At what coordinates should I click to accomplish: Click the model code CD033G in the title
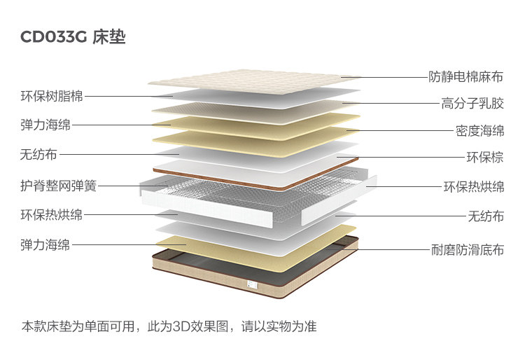[53, 37]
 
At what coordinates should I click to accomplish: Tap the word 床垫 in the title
[108, 37]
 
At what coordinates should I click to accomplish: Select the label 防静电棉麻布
[466, 76]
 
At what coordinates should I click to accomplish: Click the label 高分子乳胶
[472, 104]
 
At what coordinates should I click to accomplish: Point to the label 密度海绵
[479, 130]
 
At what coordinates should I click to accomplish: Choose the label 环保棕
[485, 157]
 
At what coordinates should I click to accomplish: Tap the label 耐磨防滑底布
[466, 249]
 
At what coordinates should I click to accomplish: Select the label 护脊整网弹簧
[58, 186]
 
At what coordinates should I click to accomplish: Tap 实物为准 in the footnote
[293, 326]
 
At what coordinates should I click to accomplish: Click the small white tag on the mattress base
[248, 284]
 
